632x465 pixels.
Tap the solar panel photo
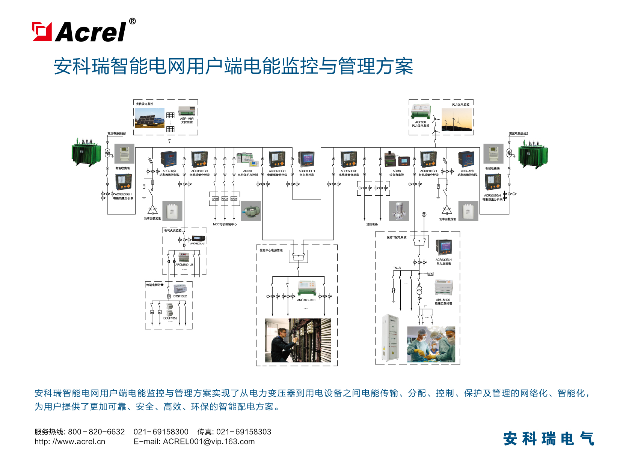pos(149,118)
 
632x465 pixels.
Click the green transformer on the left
pos(86,152)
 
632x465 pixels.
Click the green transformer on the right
pos(533,154)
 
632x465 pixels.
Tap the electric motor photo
pos(250,211)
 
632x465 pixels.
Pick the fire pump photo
pos(399,211)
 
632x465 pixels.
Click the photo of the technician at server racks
pos(298,340)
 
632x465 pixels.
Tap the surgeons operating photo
pos(431,344)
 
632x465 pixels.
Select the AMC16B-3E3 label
pos(306,300)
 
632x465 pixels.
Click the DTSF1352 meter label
pos(180,296)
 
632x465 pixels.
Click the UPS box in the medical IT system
pos(430,274)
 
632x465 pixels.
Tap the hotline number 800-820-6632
pos(96,432)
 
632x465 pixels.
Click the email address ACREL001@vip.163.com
pos(209,441)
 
